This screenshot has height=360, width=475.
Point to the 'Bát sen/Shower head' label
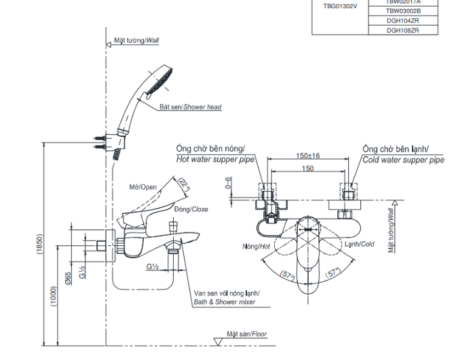pos(190,107)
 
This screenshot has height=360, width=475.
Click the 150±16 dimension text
pos(307,156)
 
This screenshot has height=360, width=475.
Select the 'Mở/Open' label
pos(143,187)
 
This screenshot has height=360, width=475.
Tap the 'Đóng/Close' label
pos(191,210)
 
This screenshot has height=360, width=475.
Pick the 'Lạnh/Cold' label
pos(358,244)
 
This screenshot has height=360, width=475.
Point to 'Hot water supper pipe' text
pos(215,160)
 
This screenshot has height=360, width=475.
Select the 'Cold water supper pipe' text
pos(403,160)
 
